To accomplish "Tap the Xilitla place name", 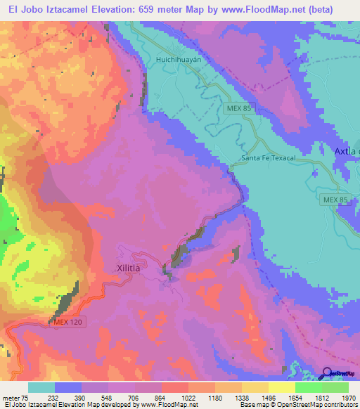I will pos(128,268).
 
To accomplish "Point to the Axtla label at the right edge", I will pos(347,151).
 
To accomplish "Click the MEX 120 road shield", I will pos(70,323).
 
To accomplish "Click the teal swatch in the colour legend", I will pos(41,387).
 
